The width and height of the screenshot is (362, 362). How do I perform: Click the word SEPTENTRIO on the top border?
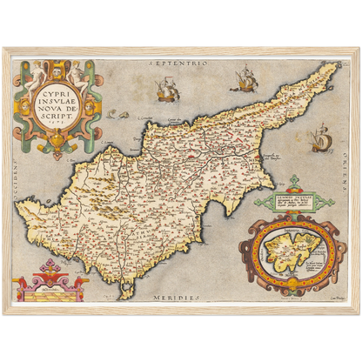(180, 64)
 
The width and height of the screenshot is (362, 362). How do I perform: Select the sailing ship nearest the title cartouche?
(165, 90)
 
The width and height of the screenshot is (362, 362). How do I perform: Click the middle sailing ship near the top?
(244, 80)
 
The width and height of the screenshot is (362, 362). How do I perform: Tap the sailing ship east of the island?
(320, 137)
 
